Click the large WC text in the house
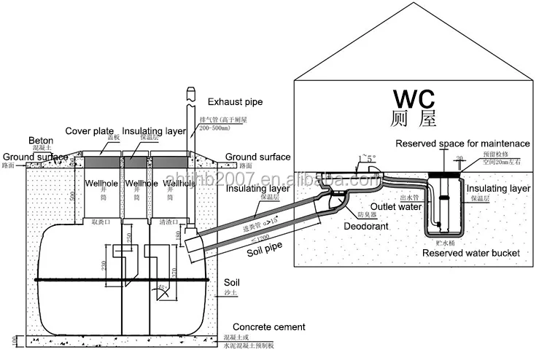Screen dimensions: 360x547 pos(414,99)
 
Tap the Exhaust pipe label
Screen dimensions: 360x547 pos(235,102)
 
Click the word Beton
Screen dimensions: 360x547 pos(42,140)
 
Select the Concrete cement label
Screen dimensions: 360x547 pos(268,327)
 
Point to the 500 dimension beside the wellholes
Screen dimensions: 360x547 pos(71,195)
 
